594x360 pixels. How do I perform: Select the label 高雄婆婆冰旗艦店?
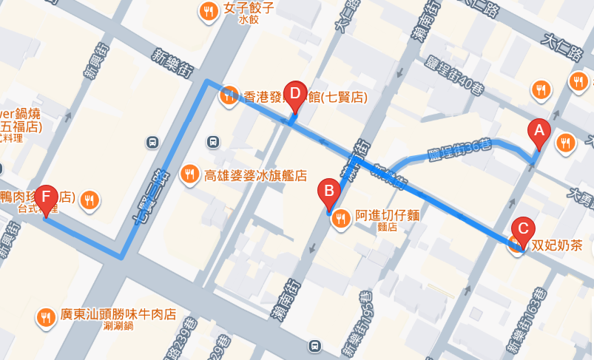click(x=255, y=175)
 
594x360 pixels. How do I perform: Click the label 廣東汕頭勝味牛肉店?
click(x=118, y=314)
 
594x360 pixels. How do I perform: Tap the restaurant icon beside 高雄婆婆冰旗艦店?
click(x=190, y=174)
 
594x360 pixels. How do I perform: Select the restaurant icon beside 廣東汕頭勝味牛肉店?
click(x=46, y=317)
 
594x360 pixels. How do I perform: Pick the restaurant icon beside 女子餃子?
click(x=208, y=11)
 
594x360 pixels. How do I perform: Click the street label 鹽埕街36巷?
click(x=459, y=151)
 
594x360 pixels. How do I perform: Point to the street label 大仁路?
click(x=562, y=44)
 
